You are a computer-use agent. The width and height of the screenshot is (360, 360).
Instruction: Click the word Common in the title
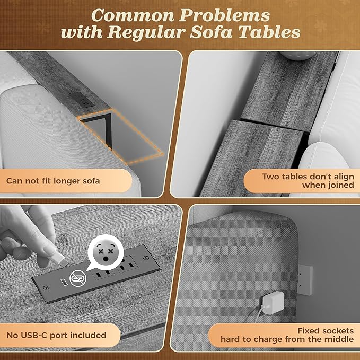click(x=133, y=15)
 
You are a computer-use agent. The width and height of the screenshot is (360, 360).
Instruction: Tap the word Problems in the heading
click(x=224, y=15)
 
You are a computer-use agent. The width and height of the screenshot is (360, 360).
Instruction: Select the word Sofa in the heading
click(x=211, y=32)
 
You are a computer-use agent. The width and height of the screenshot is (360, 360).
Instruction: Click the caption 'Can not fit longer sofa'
click(x=53, y=181)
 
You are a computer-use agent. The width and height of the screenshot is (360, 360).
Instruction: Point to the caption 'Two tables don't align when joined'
click(x=308, y=181)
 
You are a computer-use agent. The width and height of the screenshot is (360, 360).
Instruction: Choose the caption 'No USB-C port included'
click(x=57, y=335)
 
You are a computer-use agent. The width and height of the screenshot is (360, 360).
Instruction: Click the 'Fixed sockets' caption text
click(x=326, y=331)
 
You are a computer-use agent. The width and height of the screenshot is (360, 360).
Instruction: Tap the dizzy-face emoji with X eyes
click(x=106, y=252)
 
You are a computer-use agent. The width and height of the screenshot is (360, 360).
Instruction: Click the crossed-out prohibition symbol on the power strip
click(x=78, y=279)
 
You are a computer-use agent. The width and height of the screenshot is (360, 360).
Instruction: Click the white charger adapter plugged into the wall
click(x=273, y=302)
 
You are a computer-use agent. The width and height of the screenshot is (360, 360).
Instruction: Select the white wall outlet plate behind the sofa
click(x=305, y=279)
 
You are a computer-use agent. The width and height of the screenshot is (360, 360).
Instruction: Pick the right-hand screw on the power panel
click(x=146, y=258)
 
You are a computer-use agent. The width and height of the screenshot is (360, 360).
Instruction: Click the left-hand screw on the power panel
click(x=46, y=287)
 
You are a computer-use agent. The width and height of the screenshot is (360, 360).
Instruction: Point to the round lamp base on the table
click(x=297, y=56)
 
